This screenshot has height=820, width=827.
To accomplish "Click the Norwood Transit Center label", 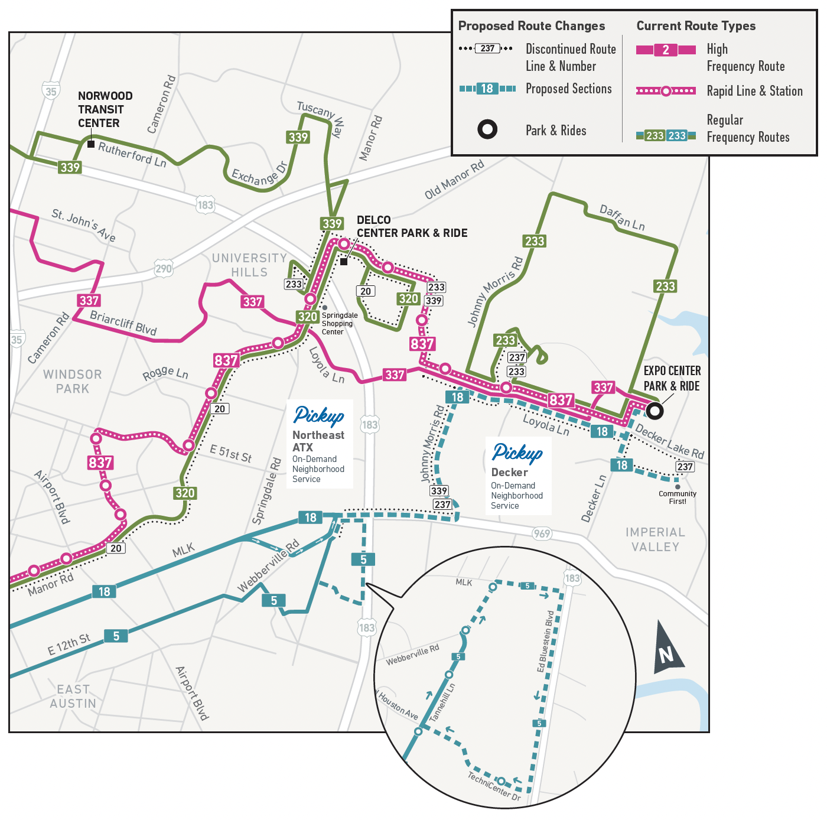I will pos(105,109).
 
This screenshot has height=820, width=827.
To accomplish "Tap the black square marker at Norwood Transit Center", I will pos(91,144).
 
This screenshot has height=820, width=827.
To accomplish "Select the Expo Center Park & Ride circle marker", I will pos(654,410).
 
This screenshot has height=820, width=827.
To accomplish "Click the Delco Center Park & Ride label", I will pos(412,227).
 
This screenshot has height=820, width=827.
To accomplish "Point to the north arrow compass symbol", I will pos(668,648).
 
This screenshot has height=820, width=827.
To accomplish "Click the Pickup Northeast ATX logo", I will pos(319,416).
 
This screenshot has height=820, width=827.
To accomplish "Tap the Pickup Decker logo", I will pos(517,453).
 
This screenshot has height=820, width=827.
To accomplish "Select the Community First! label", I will pos(678,497).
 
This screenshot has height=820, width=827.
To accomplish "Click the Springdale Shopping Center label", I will pos(340,324).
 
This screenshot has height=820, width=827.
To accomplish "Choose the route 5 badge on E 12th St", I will pos(116,636).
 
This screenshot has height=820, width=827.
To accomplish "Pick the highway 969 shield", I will pos(542,533).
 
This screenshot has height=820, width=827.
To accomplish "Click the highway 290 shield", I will pos(163,269).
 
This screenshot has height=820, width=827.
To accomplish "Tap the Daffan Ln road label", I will pos(622,218).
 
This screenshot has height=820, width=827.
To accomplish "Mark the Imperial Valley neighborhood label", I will pos(655,539).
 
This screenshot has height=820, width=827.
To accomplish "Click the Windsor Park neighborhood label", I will pos(73,382).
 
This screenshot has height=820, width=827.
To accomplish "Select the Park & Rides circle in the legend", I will pos(487,129).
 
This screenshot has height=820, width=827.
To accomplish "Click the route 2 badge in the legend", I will pos(666,50).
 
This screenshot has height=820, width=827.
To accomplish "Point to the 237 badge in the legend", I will pos(487,48).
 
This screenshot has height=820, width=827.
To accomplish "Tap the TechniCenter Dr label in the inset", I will pos(494,786).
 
